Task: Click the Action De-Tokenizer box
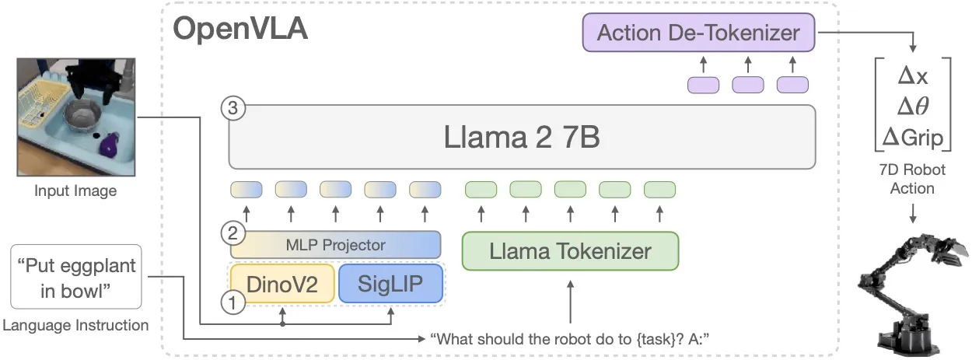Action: [x=698, y=34]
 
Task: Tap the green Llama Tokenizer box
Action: [x=570, y=251]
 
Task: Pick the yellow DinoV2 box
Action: [x=282, y=284]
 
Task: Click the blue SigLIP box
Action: [x=390, y=284]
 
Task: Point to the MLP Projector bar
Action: [x=335, y=245]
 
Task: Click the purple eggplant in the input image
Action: [x=108, y=143]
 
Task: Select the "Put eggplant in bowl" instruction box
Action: [x=75, y=277]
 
